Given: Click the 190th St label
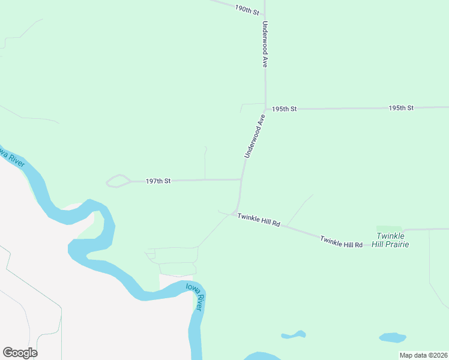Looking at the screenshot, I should (247, 10).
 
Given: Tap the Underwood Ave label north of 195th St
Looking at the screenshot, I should (264, 45).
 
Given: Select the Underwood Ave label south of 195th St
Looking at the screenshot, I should (255, 137).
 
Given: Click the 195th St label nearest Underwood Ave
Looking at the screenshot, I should (284, 109).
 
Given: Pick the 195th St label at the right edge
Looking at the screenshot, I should (401, 108).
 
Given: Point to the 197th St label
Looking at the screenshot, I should (158, 181).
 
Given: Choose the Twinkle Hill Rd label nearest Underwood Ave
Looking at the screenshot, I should (259, 220).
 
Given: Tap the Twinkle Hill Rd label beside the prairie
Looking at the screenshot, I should (341, 242).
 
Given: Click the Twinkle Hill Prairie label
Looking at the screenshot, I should (390, 240).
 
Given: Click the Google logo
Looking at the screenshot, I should (20, 353).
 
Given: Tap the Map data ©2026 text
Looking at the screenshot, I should (423, 355).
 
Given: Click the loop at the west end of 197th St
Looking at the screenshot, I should (118, 181).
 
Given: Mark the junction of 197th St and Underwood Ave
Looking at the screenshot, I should (241, 179).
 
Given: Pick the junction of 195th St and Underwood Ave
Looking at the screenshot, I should (265, 109).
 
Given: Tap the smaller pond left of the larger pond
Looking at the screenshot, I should (294, 335).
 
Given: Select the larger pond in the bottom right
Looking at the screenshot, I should (392, 338).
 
